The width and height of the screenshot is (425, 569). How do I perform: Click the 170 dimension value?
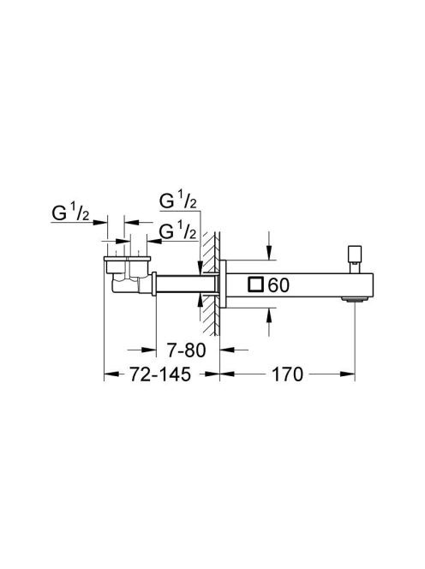coord(287,374)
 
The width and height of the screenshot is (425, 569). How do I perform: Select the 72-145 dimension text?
coord(160,374)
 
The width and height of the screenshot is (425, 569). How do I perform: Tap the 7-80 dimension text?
coord(186,350)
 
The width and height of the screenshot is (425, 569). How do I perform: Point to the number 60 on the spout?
coord(278,285)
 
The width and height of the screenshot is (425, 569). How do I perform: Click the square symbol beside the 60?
coord(255,284)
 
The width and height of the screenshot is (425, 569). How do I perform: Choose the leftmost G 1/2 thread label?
coord(70,213)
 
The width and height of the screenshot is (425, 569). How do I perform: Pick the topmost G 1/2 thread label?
coord(178,201)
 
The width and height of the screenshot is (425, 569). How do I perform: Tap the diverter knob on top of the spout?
coord(354,259)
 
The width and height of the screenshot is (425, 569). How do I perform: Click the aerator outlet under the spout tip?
coord(354,299)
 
